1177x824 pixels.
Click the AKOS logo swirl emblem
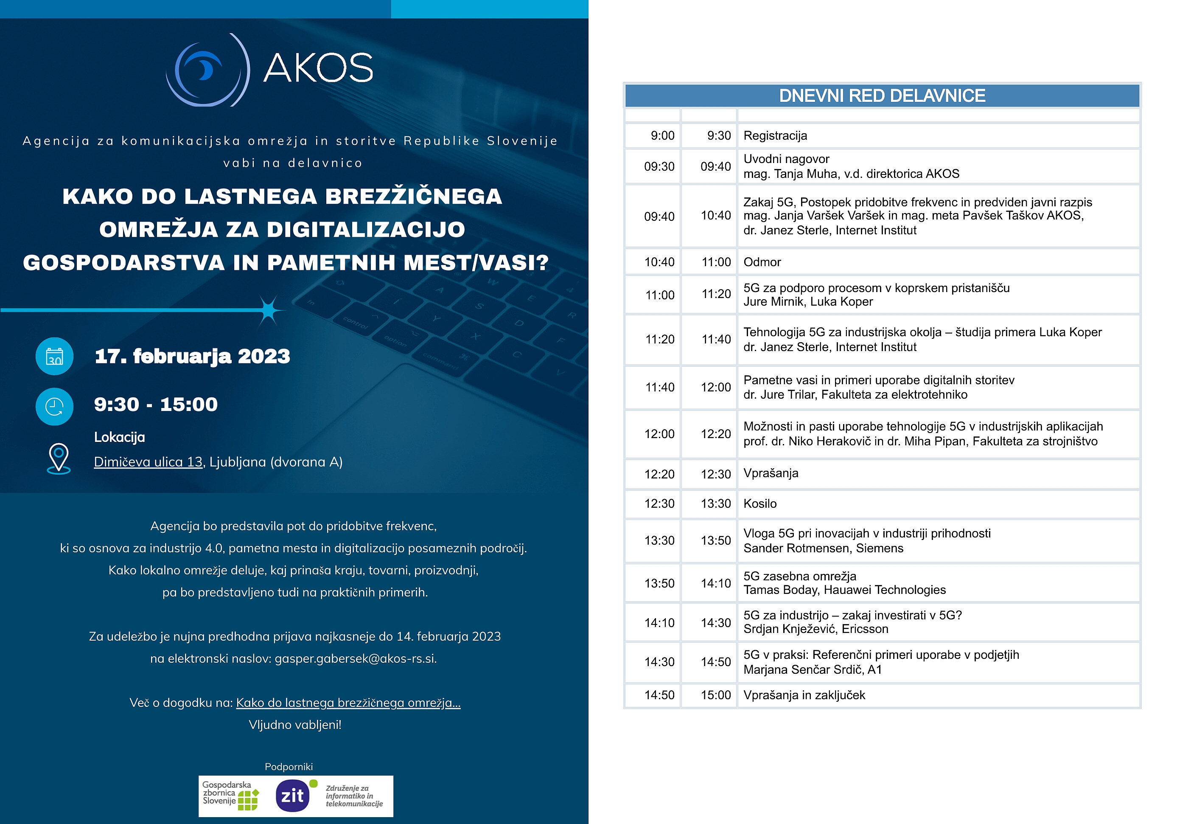207,70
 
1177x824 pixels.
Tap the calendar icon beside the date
54,356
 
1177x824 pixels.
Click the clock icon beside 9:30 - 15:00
54,407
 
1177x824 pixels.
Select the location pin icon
59,458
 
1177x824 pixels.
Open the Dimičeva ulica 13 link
148,462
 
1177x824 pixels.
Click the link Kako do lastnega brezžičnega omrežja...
348,703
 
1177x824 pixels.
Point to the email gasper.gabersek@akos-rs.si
355,658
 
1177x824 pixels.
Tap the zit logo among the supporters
293,796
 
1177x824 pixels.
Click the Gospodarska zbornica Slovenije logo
230,796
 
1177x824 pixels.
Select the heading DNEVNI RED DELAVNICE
882,96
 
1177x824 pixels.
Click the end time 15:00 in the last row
716,695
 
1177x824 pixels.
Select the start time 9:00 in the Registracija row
662,136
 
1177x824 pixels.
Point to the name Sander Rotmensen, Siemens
823,548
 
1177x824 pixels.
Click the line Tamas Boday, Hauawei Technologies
844,590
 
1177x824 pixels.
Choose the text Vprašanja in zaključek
804,695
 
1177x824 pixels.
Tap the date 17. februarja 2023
192,356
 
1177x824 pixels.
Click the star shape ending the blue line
268,310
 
